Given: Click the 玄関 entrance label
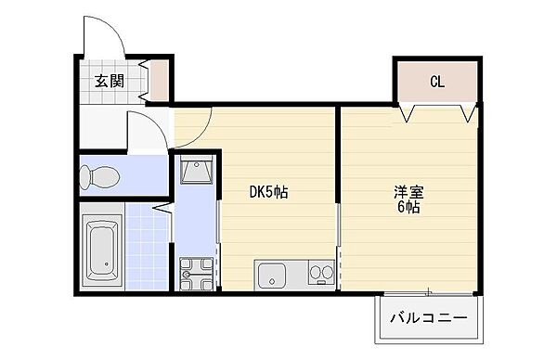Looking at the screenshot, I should point(108,81).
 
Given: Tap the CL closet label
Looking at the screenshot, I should point(437,82).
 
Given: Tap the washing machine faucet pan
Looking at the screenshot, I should point(195,274).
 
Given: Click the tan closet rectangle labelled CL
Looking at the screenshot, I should point(437,82).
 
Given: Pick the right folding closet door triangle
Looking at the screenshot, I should point(467,113).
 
